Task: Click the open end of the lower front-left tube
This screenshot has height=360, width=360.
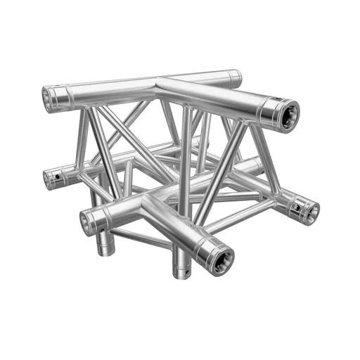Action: click(88, 224)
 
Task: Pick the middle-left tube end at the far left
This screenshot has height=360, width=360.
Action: click(51, 179)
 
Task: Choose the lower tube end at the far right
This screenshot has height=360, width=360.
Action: click(307, 210)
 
